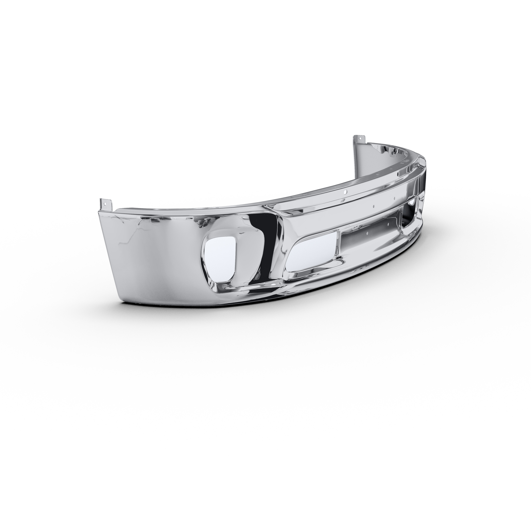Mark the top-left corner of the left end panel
point(100,210)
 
